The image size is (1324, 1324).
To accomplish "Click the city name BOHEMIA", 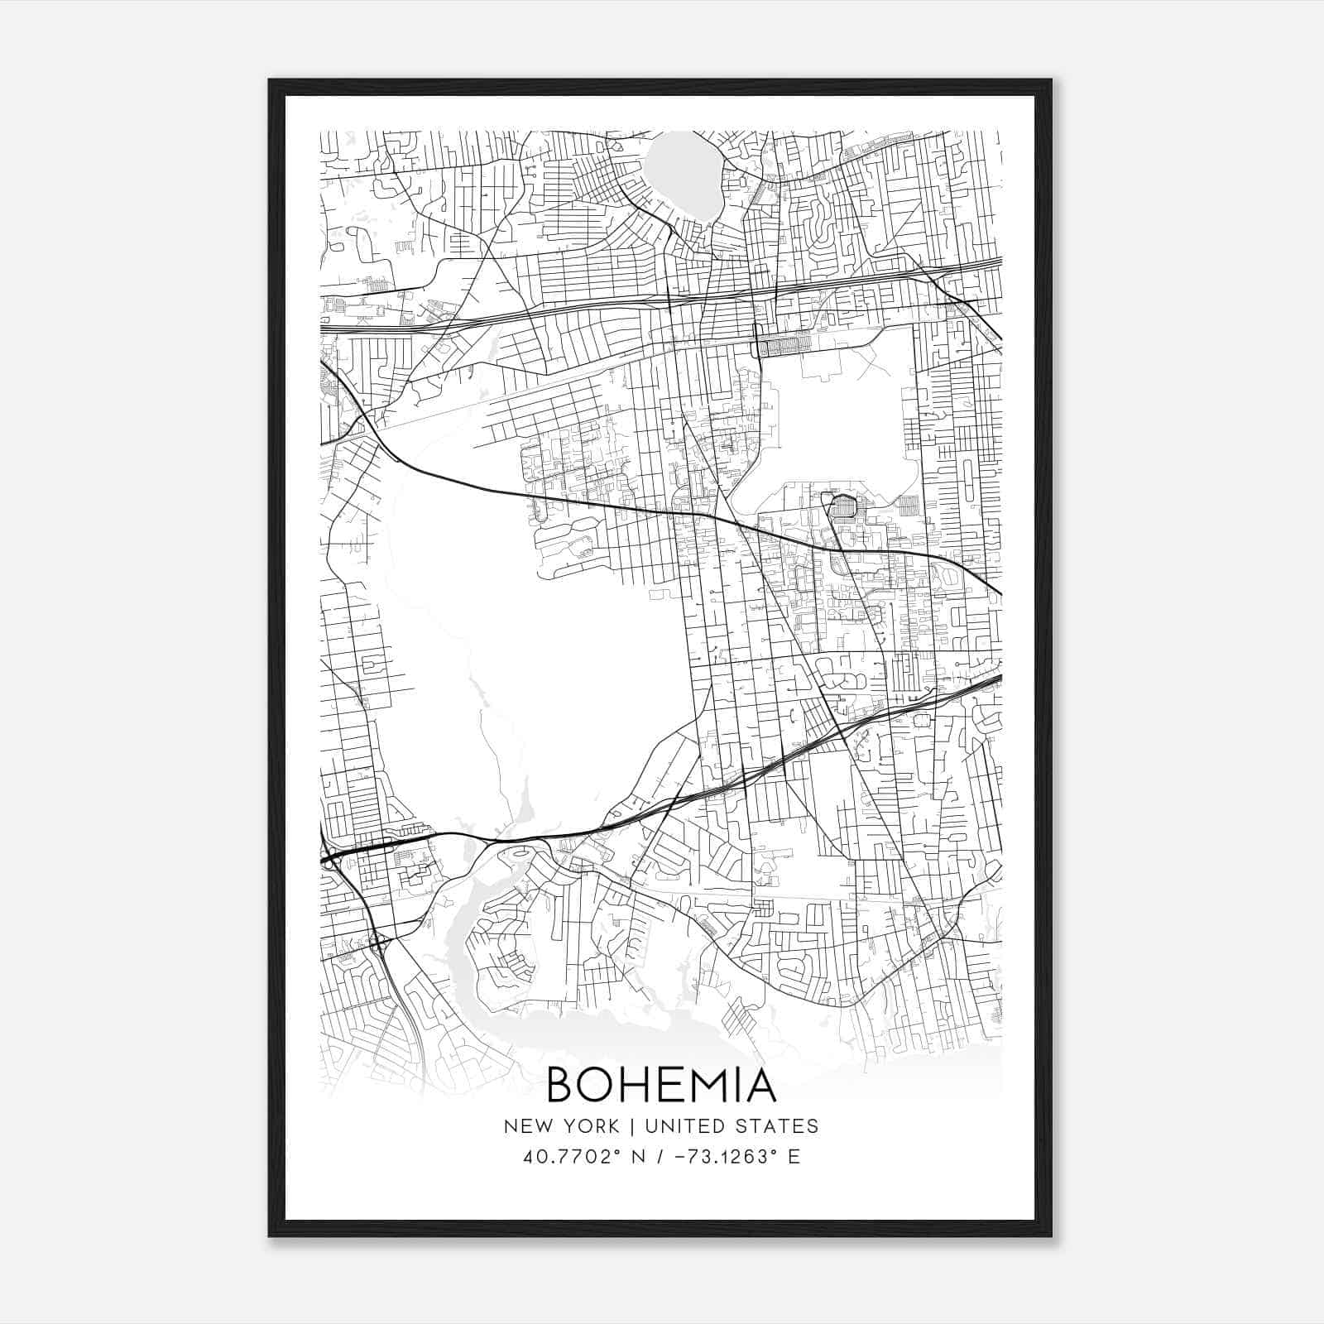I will point(661,1085).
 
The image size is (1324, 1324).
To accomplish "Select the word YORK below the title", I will point(590,1126).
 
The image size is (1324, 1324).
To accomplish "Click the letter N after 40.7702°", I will point(638,1156).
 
